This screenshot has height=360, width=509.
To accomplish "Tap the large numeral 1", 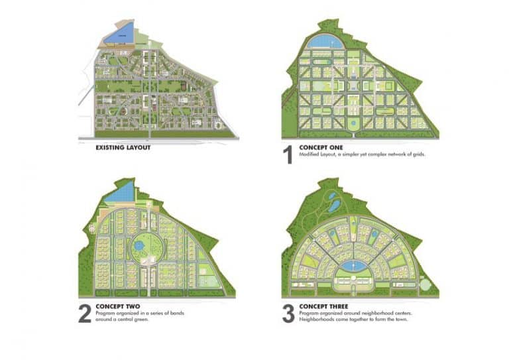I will (287, 155).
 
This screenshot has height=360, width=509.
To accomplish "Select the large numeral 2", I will (85, 314).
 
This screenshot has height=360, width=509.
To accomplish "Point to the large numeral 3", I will (288, 314).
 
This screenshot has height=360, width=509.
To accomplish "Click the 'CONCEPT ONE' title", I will (322, 147).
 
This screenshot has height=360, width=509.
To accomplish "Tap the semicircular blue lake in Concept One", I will (325, 42).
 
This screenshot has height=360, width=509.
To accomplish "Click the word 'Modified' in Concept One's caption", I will (309, 154).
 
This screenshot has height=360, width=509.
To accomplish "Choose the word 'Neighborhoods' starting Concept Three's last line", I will (315, 319).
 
